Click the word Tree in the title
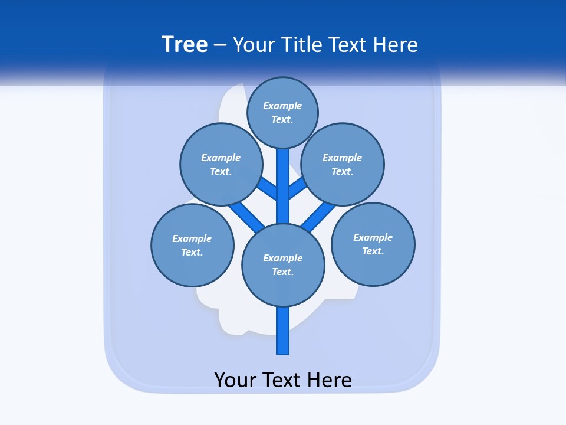click(185, 44)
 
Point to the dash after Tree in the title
click(220, 45)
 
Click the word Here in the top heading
click(394, 44)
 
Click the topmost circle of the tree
click(282, 112)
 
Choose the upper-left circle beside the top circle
click(221, 164)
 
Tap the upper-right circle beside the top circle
click(343, 164)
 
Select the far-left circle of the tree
click(192, 245)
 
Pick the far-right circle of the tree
click(373, 244)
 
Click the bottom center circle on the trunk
click(283, 264)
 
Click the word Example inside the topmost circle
click(282, 106)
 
